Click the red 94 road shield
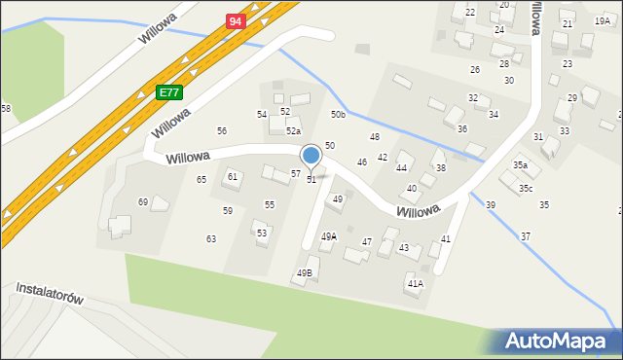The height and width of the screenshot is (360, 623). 235,20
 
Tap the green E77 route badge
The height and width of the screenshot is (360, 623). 168,92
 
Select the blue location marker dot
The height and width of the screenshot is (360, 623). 311,155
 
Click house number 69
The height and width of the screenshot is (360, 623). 143,201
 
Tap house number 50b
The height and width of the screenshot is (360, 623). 338,115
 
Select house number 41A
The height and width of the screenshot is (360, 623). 416,283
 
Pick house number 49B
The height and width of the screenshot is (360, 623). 303,273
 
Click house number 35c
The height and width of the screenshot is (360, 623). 526,188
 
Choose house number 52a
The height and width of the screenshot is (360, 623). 293,130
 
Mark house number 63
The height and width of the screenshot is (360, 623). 210,238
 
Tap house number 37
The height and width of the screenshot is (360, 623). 526,236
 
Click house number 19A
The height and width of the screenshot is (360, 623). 603,20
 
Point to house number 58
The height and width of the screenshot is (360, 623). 6,108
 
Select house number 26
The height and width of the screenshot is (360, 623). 475,69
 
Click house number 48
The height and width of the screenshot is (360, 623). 374,136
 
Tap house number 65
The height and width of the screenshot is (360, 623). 202,179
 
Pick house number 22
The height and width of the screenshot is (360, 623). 470,12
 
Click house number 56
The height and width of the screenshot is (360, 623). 222,130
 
